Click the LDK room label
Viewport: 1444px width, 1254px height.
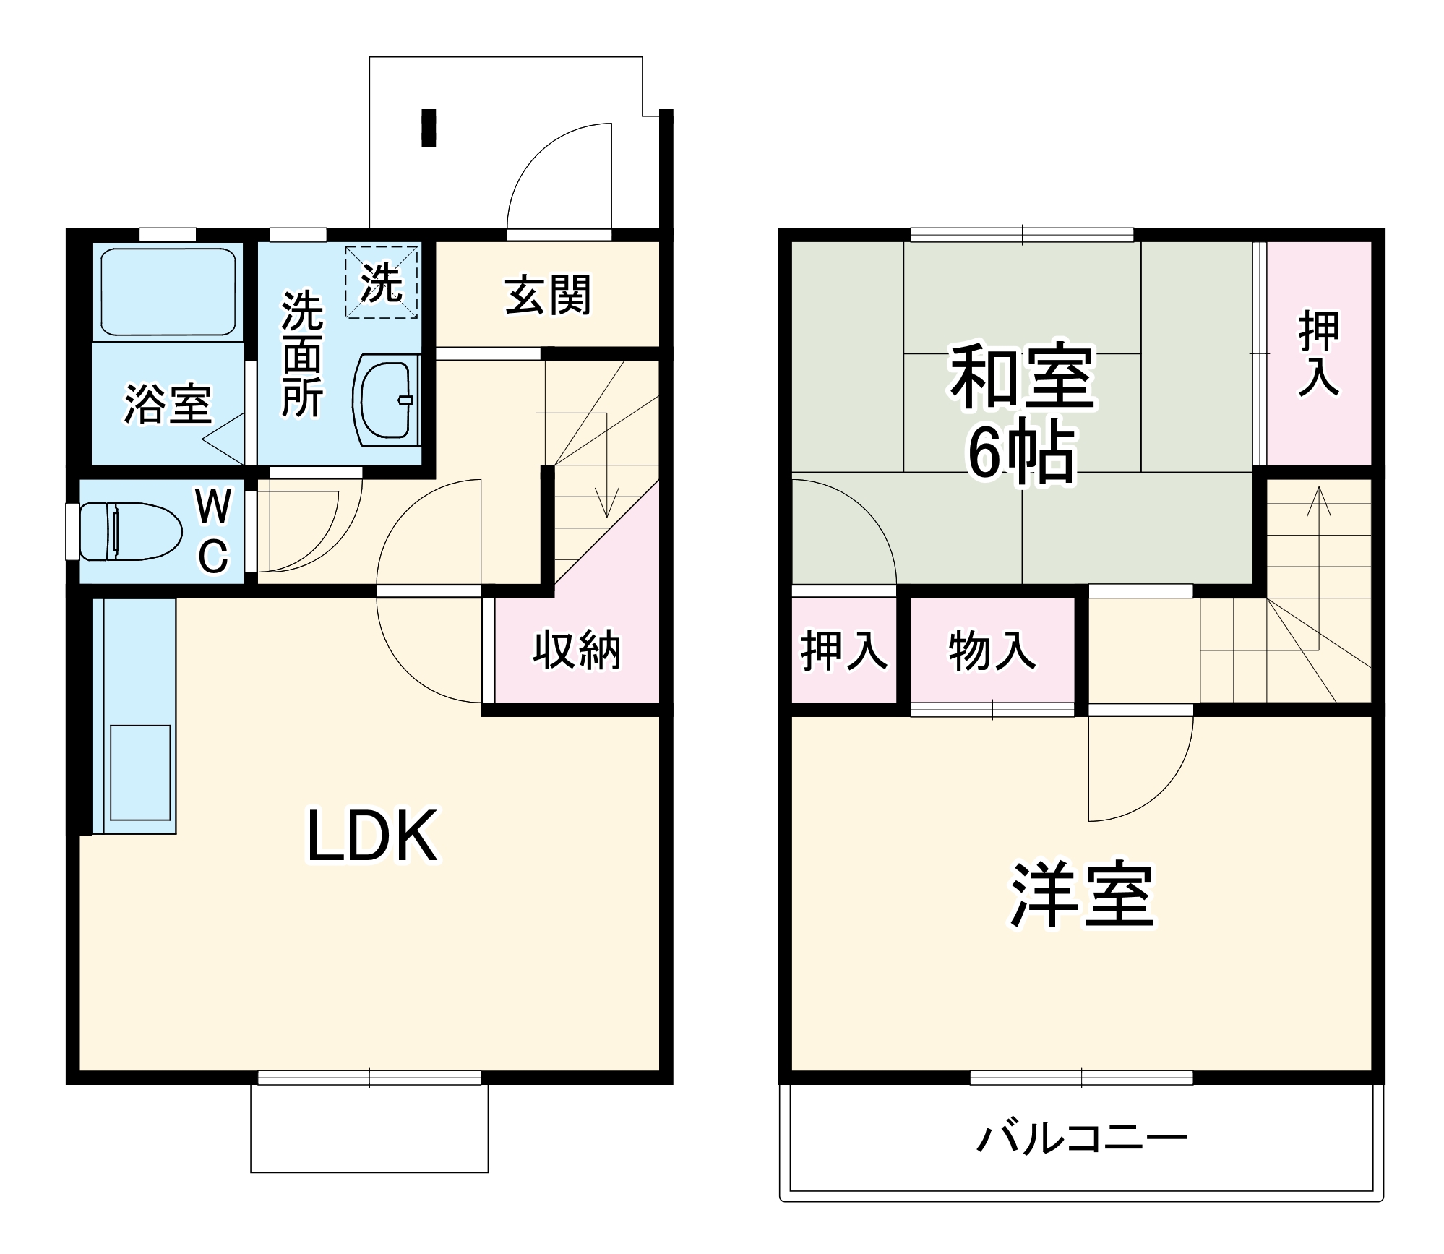(x=372, y=836)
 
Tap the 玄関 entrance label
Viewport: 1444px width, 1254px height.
(x=549, y=295)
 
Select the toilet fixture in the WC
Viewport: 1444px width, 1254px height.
(x=130, y=531)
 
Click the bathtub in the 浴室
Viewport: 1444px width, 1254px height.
(x=168, y=292)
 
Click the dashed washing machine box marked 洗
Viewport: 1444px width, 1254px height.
(x=382, y=283)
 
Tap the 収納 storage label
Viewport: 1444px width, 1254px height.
(x=577, y=650)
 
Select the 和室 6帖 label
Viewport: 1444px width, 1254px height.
(x=1021, y=412)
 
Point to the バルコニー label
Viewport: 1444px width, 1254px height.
(x=1081, y=1138)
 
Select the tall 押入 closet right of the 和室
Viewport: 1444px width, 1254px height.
(x=1319, y=353)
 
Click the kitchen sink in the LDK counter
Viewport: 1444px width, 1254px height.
(x=140, y=772)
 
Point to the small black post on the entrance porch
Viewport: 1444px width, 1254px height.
(x=429, y=128)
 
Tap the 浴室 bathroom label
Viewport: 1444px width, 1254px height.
(x=168, y=403)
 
